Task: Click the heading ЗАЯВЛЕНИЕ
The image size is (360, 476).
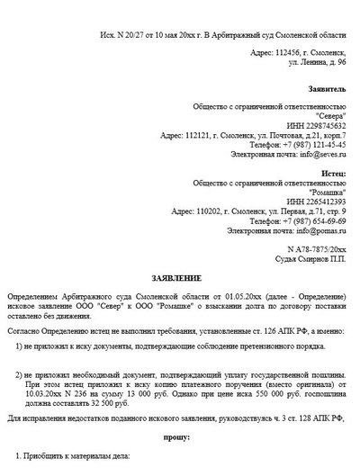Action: coord(179,280)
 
